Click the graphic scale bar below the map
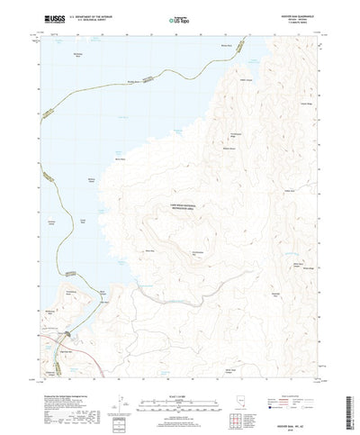[x=180, y=377]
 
